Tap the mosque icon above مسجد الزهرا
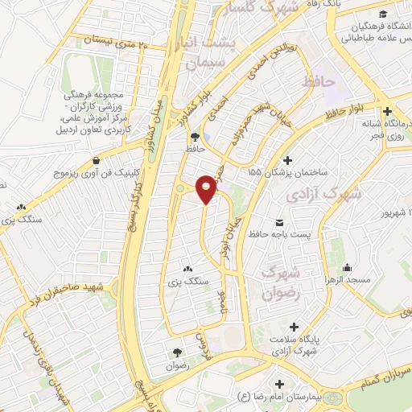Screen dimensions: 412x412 tap(347, 268)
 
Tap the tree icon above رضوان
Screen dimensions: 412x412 tap(177, 352)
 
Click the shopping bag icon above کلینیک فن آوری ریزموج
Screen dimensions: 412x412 tap(97, 159)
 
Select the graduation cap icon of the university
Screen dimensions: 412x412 tap(387, 14)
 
